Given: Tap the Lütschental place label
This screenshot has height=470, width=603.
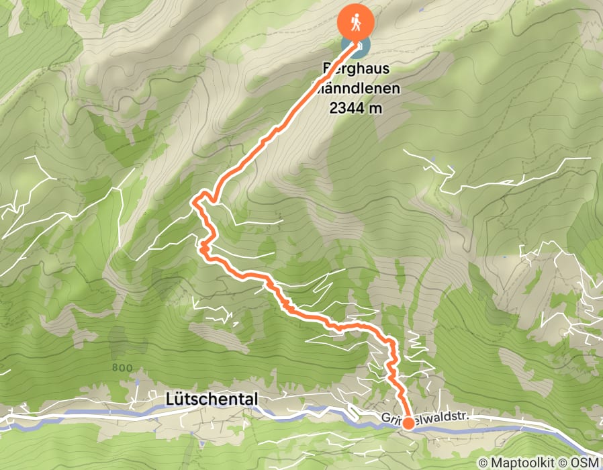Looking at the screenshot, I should pos(211,399).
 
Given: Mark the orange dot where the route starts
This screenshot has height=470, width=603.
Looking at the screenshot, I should pos(408,423).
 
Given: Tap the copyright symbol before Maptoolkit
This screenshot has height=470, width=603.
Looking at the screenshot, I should pos(484,463).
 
